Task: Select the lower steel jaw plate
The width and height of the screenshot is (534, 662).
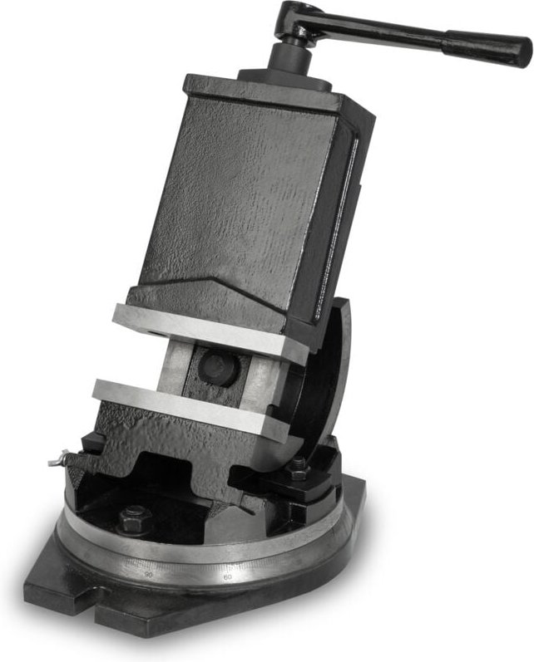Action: pyautogui.click(x=191, y=404)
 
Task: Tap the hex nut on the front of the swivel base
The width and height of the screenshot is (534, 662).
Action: pyautogui.click(x=135, y=519)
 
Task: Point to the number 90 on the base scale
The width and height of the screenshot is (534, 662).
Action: pyautogui.click(x=149, y=573)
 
